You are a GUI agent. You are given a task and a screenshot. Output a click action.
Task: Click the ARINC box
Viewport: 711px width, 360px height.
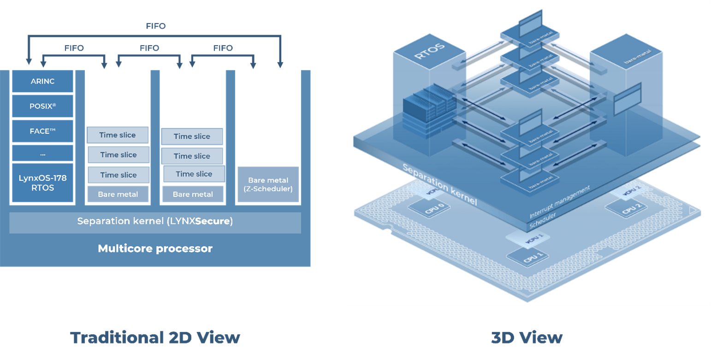(42, 82)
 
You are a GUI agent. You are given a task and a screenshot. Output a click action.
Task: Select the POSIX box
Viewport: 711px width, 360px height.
(42, 106)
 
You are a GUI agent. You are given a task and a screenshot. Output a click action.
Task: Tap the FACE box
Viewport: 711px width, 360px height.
(42, 131)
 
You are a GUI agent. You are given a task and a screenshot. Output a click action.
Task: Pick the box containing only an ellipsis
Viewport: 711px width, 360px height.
(42, 153)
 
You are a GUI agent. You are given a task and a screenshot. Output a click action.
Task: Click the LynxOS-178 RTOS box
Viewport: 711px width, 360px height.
(42, 183)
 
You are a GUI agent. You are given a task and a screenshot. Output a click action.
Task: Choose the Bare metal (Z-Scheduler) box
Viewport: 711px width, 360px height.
(268, 184)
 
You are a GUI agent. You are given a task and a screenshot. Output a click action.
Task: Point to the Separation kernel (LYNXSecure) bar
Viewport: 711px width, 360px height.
(155, 222)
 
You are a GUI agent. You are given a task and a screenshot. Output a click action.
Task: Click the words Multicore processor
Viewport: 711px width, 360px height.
(155, 249)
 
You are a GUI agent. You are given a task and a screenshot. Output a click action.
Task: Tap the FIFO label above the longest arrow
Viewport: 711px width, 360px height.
(155, 26)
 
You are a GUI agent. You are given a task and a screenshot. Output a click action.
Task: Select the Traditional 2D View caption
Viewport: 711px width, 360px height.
(155, 337)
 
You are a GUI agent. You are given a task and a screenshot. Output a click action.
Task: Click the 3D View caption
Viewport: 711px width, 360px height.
(527, 337)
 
